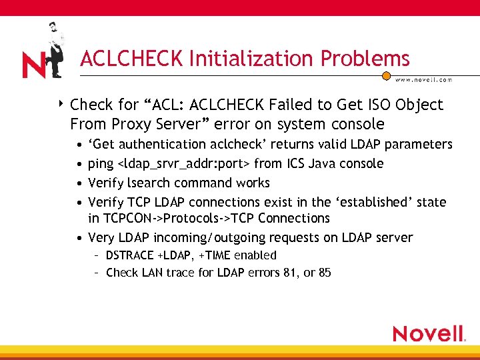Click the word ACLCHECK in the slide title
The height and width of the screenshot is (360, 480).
[x=131, y=59]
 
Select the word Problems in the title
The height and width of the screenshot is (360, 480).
[x=365, y=59]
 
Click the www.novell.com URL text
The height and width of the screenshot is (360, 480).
[x=423, y=80]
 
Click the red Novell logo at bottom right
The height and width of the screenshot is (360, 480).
[x=428, y=333]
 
